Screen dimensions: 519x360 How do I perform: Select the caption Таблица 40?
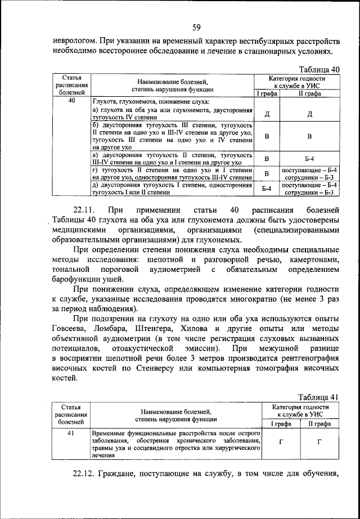coord(318,69)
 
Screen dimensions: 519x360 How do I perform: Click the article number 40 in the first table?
coord(71,101)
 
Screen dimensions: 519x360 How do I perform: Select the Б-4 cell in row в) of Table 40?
coord(309,158)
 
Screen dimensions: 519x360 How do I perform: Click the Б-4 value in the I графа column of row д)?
coord(267,189)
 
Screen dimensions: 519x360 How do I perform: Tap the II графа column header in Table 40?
coord(309,93)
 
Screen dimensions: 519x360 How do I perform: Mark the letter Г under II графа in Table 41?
coord(319,442)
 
